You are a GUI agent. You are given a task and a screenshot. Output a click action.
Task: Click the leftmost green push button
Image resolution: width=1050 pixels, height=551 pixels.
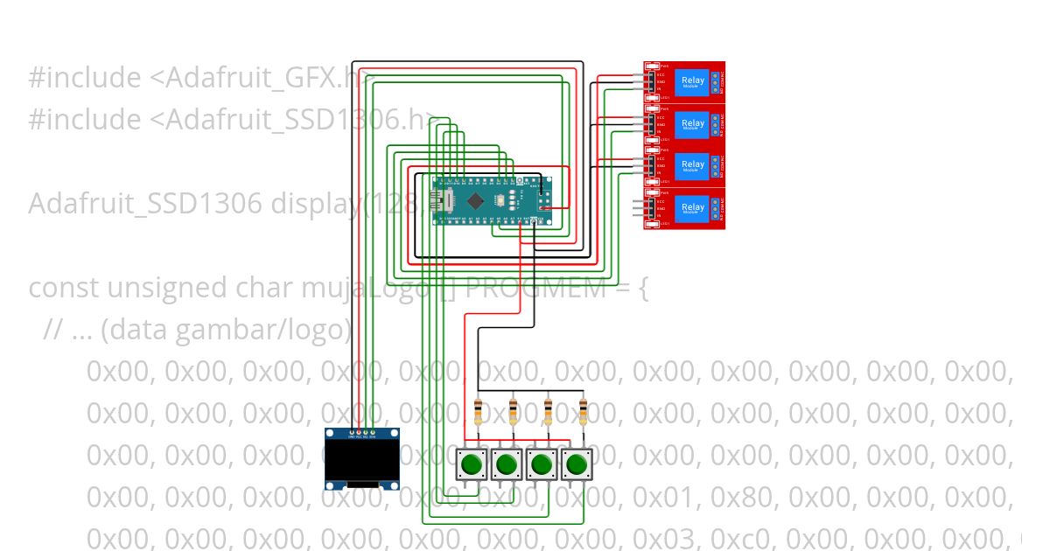472,464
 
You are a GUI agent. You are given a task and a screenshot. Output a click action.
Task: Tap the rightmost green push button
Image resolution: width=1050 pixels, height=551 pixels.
576,464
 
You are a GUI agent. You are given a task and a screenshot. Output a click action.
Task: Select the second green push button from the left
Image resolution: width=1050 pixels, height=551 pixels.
507,464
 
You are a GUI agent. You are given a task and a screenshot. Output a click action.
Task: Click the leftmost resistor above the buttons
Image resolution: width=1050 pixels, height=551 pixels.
478,411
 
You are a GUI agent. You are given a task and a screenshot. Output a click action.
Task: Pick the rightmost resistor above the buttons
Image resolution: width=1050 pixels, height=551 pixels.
583,411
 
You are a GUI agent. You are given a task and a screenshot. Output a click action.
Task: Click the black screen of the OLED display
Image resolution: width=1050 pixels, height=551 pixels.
361,460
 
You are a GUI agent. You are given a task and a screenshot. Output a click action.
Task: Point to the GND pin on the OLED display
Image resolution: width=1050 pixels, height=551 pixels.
351,433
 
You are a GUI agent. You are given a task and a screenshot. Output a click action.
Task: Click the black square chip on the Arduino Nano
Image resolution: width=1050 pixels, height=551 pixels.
475,201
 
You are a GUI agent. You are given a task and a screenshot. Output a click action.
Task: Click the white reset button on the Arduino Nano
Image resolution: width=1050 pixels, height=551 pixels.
497,201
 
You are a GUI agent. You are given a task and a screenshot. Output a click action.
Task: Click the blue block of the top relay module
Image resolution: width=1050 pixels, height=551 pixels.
692,81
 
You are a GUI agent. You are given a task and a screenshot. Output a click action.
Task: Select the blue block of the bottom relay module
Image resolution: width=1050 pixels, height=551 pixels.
692,208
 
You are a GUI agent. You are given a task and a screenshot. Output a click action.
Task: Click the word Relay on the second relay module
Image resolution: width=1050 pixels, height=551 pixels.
692,122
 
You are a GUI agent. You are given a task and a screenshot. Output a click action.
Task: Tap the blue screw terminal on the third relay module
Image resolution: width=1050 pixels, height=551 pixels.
716,164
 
